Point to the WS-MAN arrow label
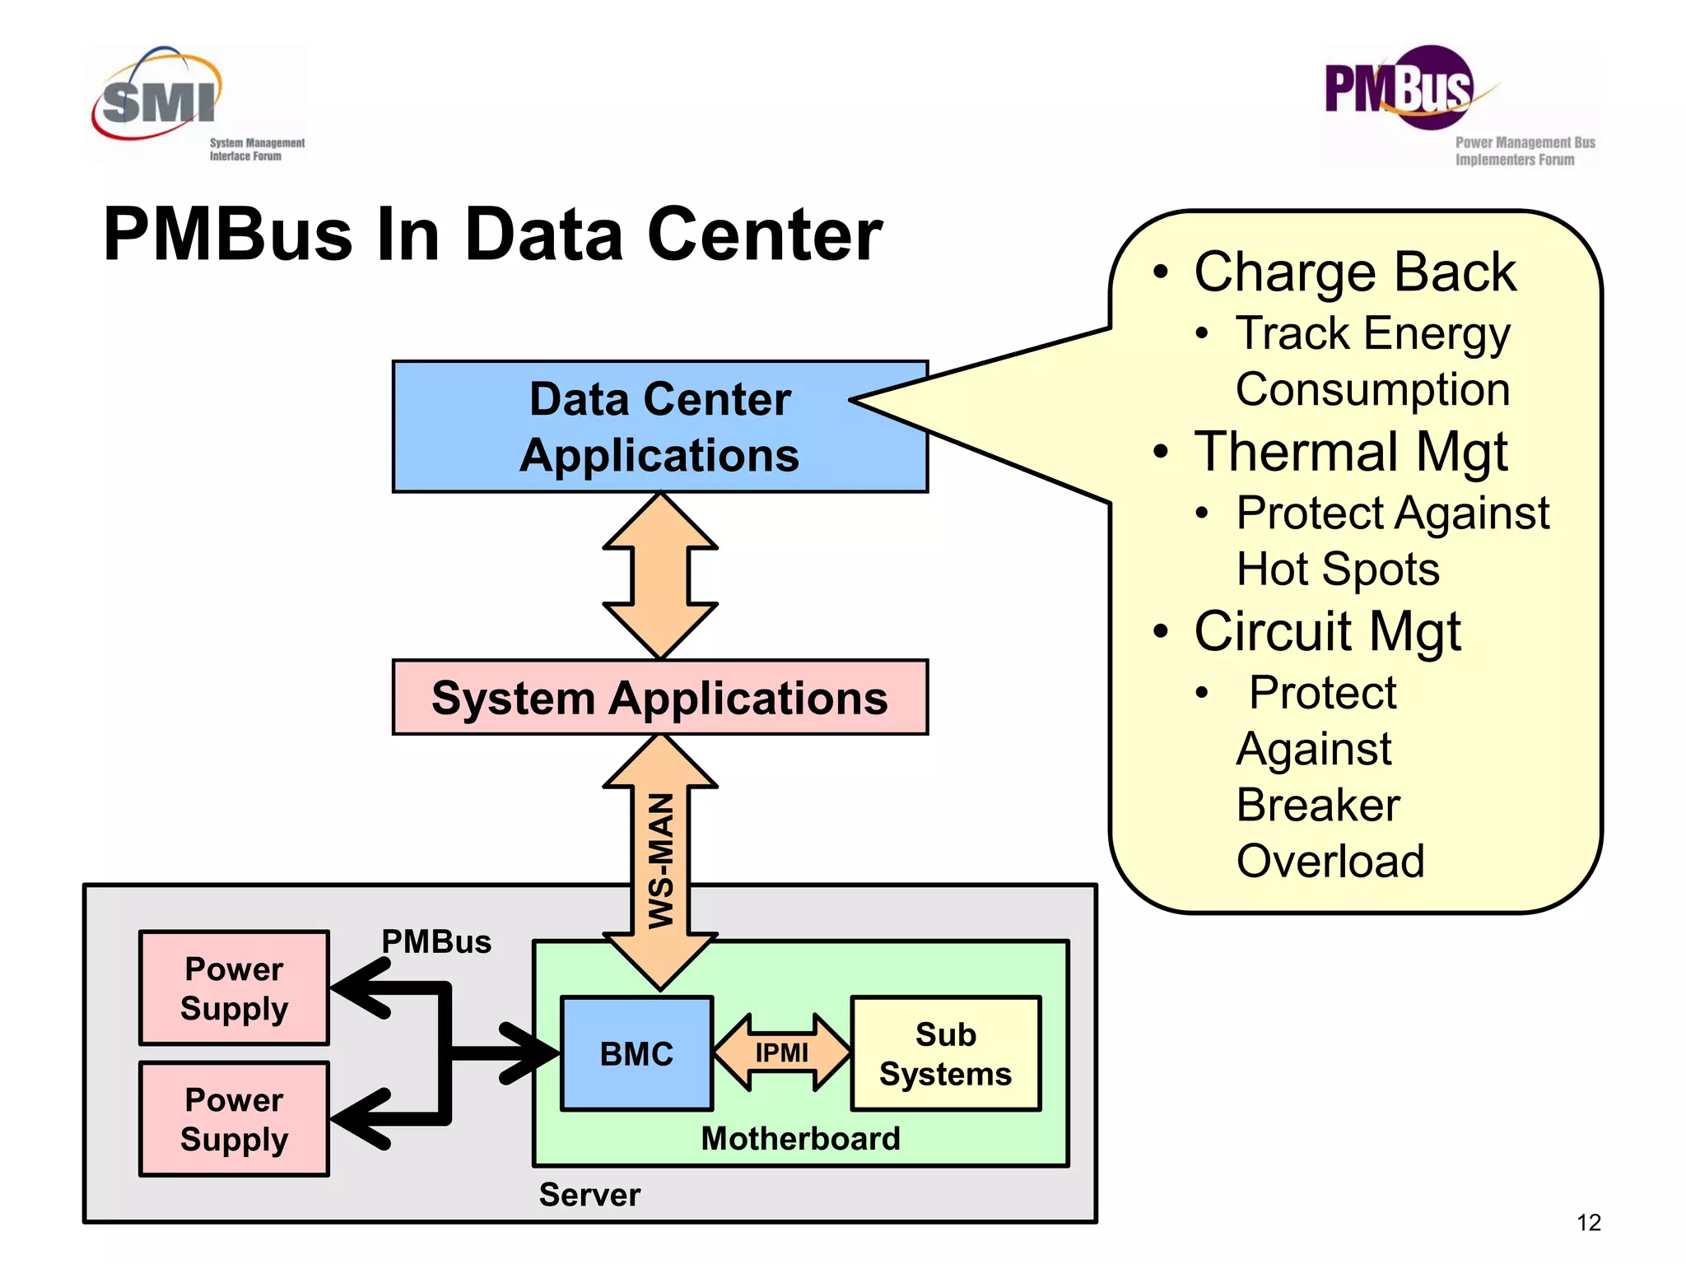(x=661, y=860)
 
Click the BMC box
(x=636, y=1054)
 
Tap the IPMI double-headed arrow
(x=781, y=1053)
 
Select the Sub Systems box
(x=945, y=1054)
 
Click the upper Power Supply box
(x=234, y=988)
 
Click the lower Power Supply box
(x=234, y=1119)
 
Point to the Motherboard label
(x=800, y=1139)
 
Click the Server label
(x=589, y=1195)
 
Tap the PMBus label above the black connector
(x=435, y=941)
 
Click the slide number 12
(x=1588, y=1223)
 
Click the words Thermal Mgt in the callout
(x=1350, y=452)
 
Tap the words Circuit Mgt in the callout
(x=1327, y=631)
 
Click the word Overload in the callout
(x=1330, y=861)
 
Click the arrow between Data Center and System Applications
(x=660, y=576)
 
